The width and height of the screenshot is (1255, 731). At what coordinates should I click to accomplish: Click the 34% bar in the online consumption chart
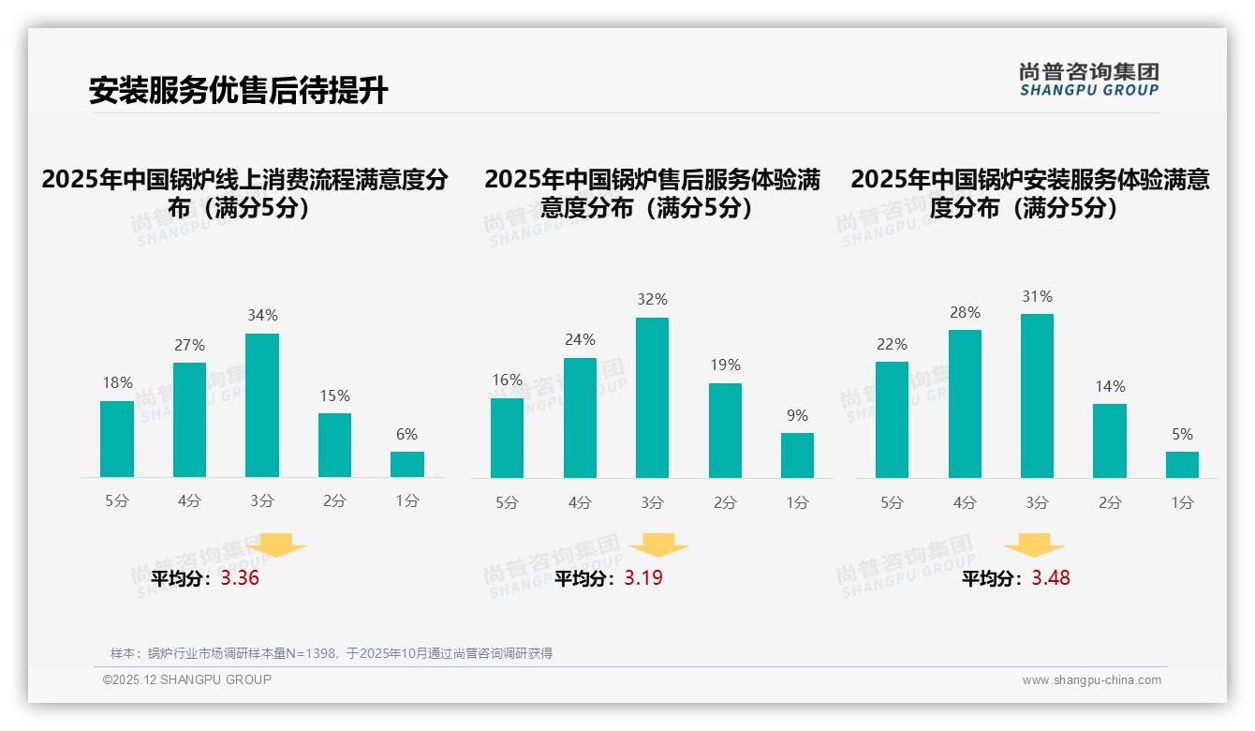[262, 405]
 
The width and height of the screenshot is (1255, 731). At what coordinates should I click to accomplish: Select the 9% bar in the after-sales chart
[797, 455]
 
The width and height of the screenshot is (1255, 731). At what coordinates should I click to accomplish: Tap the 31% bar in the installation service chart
[1037, 395]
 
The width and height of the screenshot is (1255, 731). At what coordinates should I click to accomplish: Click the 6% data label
[406, 435]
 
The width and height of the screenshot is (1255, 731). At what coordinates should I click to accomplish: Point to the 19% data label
[725, 365]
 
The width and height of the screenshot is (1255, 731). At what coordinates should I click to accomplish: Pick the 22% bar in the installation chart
[892, 420]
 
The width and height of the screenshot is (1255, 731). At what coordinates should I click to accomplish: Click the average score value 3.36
[240, 578]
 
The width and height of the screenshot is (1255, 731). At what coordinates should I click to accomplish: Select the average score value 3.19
[643, 578]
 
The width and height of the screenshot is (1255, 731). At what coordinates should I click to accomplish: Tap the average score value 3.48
[1051, 578]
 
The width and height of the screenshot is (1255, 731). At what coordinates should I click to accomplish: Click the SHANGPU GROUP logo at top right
[1089, 80]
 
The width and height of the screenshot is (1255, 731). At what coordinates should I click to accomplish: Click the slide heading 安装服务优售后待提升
[238, 91]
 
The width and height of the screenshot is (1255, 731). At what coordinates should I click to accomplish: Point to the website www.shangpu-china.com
[1091, 680]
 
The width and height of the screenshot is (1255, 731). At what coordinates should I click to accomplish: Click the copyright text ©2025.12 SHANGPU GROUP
[187, 679]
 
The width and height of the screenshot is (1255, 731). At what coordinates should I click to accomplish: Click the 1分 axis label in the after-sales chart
[797, 503]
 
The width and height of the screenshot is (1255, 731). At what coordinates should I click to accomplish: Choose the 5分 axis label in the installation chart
[892, 503]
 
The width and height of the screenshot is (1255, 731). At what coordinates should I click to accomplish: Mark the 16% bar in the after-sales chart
[507, 438]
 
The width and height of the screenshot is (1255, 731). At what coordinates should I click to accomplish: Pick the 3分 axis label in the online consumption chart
[262, 501]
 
